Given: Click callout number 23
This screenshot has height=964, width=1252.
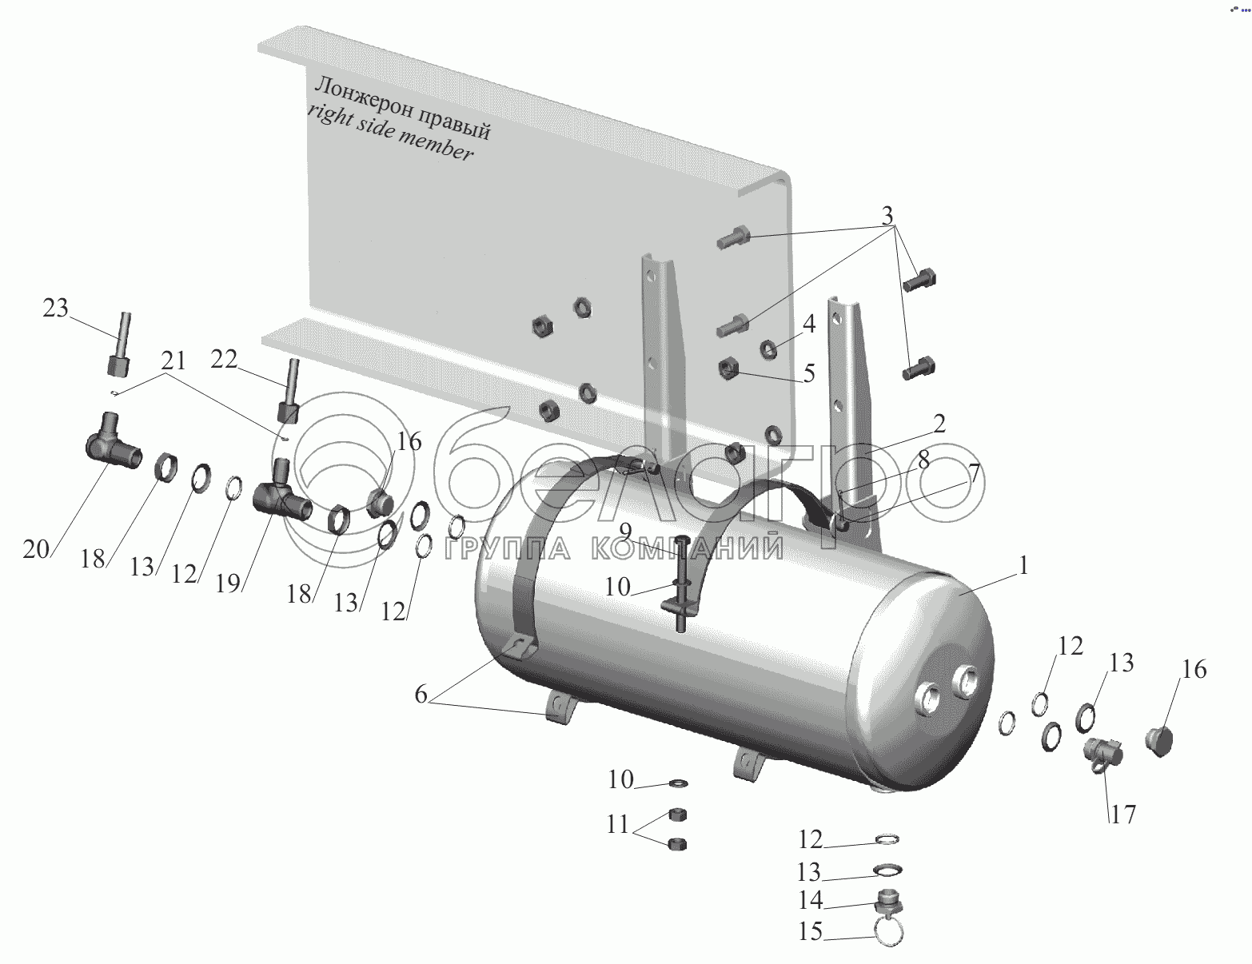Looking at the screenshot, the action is [x=55, y=308].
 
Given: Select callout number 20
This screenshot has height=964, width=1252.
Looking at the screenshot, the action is [x=36, y=549].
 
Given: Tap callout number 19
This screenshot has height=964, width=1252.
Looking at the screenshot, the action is [x=228, y=584].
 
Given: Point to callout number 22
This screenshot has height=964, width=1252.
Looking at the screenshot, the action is [x=224, y=360].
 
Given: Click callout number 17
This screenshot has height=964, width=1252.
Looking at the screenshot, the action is [x=1123, y=815].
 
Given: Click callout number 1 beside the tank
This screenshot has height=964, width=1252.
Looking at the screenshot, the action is [x=1023, y=566].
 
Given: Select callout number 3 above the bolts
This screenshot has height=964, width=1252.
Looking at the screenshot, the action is [x=887, y=216].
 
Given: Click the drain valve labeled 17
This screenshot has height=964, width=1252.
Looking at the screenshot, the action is [x=1102, y=754].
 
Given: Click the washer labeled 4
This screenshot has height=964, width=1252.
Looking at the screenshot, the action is [x=768, y=349].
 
